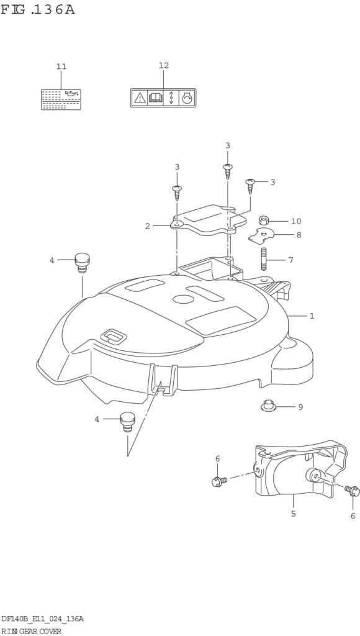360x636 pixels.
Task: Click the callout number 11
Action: coord(61,66)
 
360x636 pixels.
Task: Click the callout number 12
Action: coord(164,66)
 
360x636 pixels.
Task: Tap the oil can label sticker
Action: coord(61,99)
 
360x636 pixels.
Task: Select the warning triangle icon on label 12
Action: coord(140,98)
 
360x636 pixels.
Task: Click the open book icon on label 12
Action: coord(155,98)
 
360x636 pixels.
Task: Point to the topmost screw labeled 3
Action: coord(227,171)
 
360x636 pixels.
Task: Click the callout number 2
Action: coord(148,226)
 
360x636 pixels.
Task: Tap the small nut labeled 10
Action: coord(264,221)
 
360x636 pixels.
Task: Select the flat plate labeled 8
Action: coord(261,235)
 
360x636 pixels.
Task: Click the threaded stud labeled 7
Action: coord(264,259)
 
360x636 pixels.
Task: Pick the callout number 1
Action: coord(312,316)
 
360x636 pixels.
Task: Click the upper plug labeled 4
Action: coord(82,263)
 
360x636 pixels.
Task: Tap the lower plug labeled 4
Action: coord(127,422)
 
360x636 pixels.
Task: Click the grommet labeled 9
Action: coord(268,405)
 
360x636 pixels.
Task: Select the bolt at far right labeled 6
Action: coord(353,491)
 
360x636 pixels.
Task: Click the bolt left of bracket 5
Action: coord(219,481)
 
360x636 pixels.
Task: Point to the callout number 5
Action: coord(293,514)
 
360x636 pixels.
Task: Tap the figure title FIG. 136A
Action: coord(38,9)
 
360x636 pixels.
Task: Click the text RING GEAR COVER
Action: coord(31,631)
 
